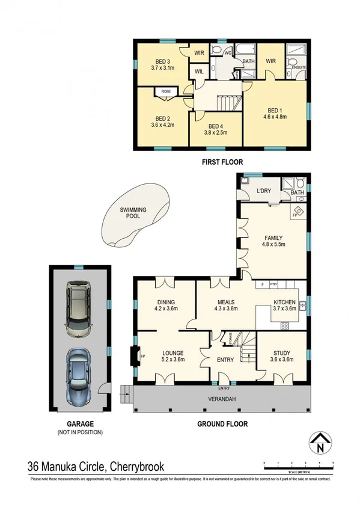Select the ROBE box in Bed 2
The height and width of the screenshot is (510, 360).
coord(165,92)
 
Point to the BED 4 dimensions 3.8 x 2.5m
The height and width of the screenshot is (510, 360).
coord(216,132)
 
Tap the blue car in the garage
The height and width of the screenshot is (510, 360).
coord(79,375)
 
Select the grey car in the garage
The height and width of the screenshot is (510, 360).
coord(79,309)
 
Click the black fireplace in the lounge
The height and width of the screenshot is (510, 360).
coord(136,355)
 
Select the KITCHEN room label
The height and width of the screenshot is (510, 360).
coord(284,303)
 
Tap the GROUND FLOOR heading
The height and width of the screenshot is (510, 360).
coord(222,424)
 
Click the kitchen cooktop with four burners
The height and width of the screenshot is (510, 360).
coord(285,325)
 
